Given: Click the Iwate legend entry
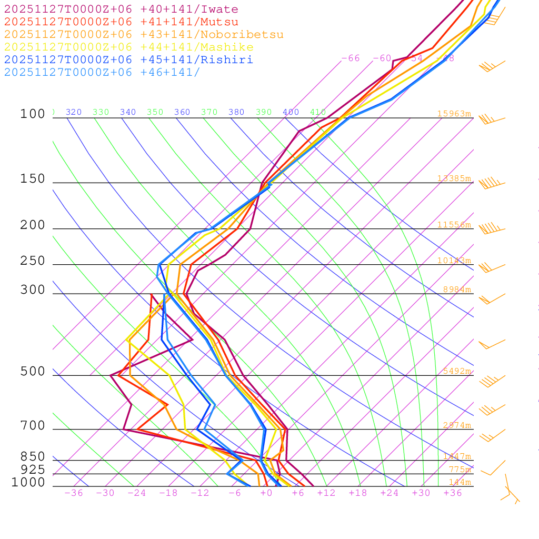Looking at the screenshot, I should pos(121,9).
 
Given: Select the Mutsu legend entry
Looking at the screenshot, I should pos(121,22).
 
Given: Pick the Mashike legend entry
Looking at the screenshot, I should pos(128,47).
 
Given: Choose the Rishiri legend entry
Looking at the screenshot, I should pos(128,60).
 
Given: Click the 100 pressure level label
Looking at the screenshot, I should pos(33,114).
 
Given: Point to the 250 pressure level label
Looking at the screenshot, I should pos(33,261).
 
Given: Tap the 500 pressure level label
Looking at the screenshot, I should pos(33,372).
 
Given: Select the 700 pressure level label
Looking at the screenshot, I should pos(33,425).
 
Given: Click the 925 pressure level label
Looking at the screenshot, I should pos(33,470).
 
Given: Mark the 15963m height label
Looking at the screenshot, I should pos(454,114).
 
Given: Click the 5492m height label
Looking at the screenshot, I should pos(457,371).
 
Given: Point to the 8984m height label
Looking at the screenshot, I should pos(457,290).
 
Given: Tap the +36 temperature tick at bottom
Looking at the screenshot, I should pos(453,493).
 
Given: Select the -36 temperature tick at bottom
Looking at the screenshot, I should pos(74,493).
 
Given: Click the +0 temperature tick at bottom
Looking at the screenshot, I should pos(266,493).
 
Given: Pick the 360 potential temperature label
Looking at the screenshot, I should pos(182,112).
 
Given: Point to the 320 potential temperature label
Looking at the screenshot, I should pos(74,112).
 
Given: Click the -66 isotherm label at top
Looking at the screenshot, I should pos(351,58).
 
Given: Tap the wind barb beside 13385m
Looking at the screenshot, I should pos(492,183).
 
